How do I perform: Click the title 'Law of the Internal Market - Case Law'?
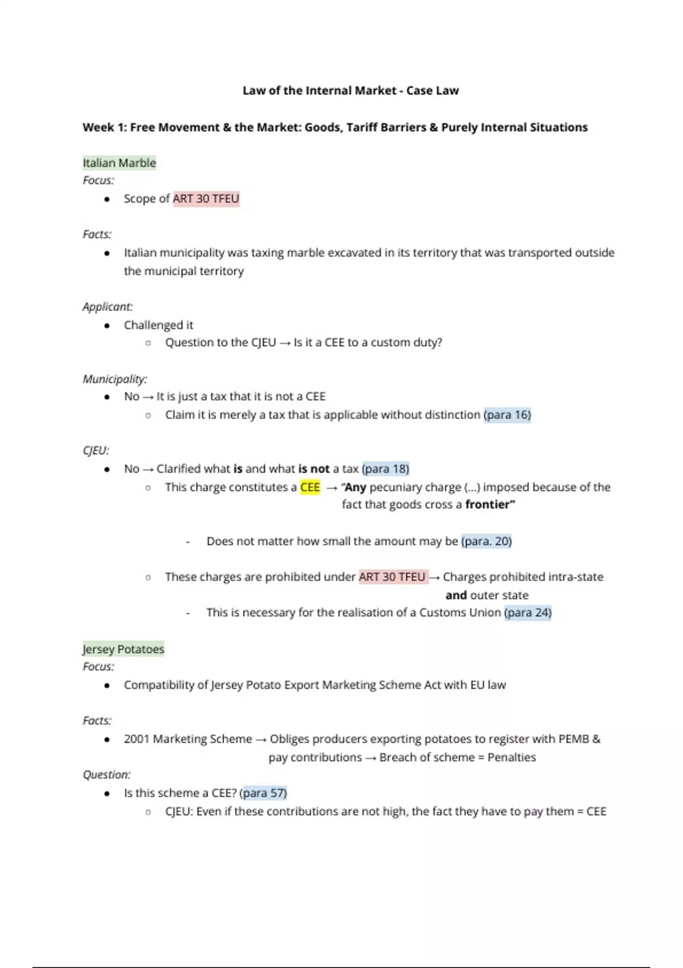pos(350,91)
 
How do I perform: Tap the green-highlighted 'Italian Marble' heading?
pos(119,163)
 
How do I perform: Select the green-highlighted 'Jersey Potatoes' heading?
pos(123,649)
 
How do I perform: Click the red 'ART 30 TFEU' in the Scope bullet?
pos(206,199)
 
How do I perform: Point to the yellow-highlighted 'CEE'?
pos(310,487)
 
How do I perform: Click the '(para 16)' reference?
pos(507,415)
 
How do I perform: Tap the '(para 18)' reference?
pos(385,469)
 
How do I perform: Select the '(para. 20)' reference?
pos(487,542)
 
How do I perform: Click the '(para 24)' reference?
pos(528,613)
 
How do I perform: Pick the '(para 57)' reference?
pos(264,793)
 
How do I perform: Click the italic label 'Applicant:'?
pos(108,307)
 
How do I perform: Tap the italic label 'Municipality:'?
pos(115,379)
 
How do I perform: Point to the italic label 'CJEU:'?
pos(96,451)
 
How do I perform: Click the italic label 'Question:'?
pos(106,775)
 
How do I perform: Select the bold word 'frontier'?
pos(488,504)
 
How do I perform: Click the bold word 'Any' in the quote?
pos(356,487)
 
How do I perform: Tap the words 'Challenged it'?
pos(158,325)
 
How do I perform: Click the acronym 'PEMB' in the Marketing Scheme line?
pos(573,739)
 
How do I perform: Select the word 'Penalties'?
pos(512,757)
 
